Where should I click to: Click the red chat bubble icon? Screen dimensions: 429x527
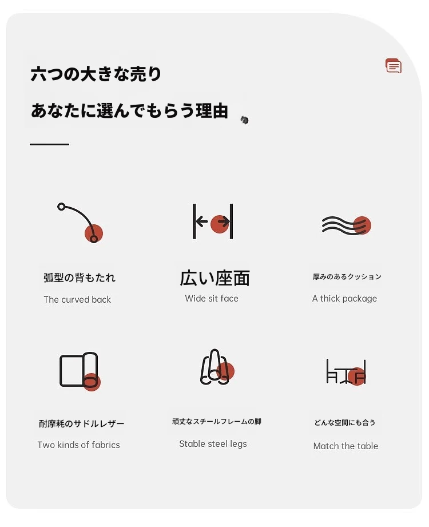[394, 66]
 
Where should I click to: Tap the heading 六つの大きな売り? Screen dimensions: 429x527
[96, 74]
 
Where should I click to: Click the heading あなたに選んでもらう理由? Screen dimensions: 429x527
[130, 110]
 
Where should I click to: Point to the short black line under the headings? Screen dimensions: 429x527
[49, 145]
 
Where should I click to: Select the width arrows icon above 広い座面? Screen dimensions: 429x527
[213, 221]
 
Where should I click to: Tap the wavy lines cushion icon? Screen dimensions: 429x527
[347, 225]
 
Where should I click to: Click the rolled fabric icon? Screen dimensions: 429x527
[80, 371]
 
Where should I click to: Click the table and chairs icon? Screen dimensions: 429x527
[346, 372]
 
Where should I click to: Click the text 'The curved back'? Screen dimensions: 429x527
[77, 299]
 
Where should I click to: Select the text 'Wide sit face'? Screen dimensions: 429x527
[212, 299]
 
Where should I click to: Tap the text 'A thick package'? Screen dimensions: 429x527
[345, 299]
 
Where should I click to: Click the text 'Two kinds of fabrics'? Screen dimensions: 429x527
[78, 445]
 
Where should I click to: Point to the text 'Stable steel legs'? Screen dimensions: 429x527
[213, 444]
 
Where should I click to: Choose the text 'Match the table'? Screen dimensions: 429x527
[345, 446]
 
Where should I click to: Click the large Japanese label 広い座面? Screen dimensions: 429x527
[214, 278]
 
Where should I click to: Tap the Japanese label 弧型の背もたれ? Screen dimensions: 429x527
[80, 278]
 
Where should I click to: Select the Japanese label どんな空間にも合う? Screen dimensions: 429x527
[345, 422]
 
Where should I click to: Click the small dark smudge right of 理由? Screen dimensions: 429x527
[245, 120]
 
